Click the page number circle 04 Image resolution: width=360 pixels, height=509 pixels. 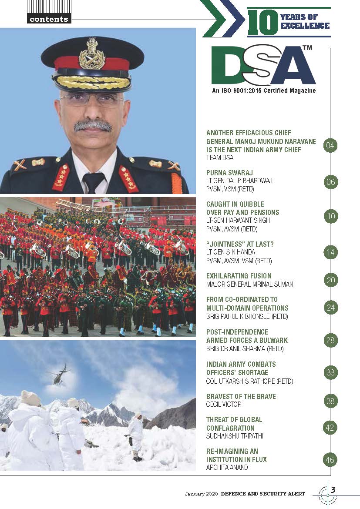click(331, 145)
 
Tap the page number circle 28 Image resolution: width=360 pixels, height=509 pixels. click(331, 340)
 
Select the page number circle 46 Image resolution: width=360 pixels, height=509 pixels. click(331, 459)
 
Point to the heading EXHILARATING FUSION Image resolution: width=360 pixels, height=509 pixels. click(239, 276)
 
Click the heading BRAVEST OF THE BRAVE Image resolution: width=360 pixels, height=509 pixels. click(241, 396)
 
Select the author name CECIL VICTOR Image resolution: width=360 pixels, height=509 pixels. click(224, 404)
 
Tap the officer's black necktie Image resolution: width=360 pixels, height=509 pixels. click(93, 181)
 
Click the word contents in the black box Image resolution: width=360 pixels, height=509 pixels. click(48, 19)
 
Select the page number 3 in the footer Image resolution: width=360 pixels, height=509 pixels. click(333, 489)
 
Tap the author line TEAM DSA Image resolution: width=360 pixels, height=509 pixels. click(220, 157)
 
